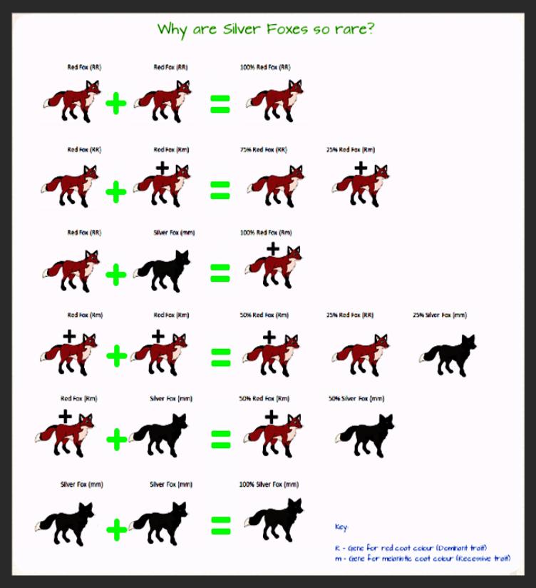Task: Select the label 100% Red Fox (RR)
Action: [265, 67]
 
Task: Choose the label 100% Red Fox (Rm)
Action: [265, 233]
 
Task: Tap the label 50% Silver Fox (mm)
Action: [356, 398]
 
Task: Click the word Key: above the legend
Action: [341, 527]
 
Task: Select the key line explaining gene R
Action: [411, 547]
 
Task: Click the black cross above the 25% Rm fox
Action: [361, 168]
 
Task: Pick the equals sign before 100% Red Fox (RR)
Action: [220, 106]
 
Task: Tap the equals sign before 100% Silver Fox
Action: [220, 527]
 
